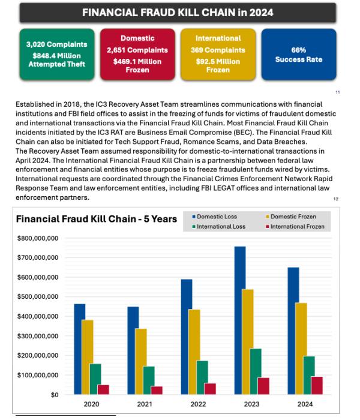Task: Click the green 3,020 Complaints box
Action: pos(56,55)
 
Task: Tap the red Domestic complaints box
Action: pos(137,55)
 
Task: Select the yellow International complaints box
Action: pos(218,55)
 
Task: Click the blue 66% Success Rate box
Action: pos(298,55)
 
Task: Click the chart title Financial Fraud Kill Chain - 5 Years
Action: pos(96,219)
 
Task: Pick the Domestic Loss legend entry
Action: pos(216,216)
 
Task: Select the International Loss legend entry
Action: pos(222,227)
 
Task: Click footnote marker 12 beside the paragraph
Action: pos(337,197)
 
